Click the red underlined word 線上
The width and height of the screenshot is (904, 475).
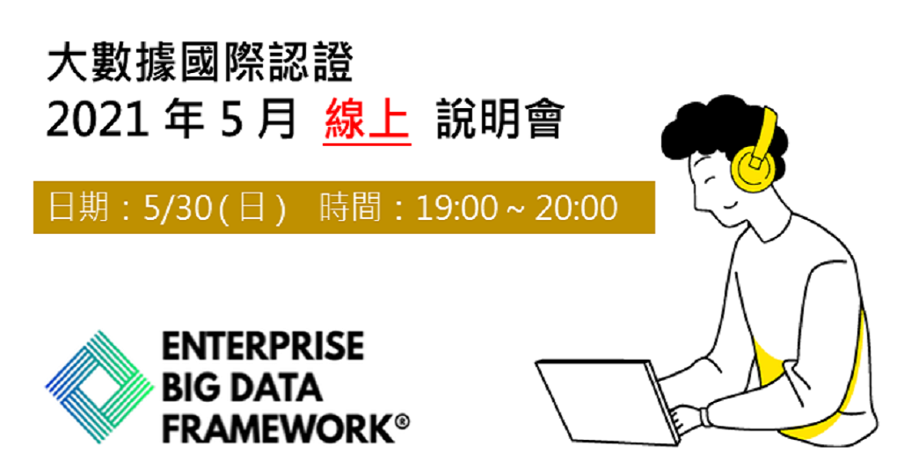pyautogui.click(x=367, y=120)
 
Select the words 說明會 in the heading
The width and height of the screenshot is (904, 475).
pyautogui.click(x=499, y=120)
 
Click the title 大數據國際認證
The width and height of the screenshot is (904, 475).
pyautogui.click(x=200, y=62)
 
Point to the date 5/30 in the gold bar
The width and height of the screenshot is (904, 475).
pyautogui.click(x=178, y=208)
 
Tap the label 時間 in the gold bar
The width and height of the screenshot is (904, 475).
pyautogui.click(x=350, y=208)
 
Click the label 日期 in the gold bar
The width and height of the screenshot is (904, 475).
pyautogui.click(x=78, y=208)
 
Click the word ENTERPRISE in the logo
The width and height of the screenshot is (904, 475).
pyautogui.click(x=263, y=346)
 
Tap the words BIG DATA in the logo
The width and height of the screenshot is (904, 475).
pyautogui.click(x=242, y=387)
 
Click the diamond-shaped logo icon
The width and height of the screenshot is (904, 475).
pyautogui.click(x=100, y=387)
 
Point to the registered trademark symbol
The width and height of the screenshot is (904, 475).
pyautogui.click(x=403, y=422)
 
